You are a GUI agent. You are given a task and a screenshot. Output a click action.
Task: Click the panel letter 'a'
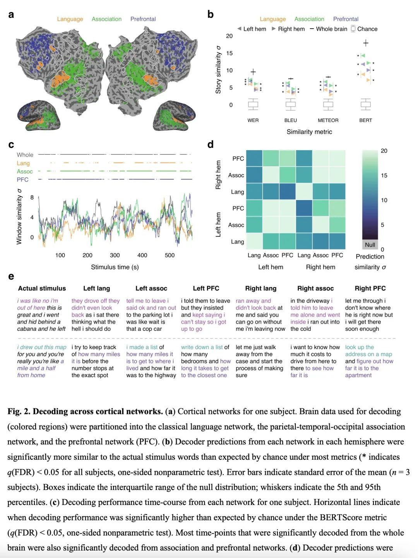11,15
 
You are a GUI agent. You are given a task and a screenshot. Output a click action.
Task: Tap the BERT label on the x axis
365,120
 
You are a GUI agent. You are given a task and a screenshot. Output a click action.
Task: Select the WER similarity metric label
253,120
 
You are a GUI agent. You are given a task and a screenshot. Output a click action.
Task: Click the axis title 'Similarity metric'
309,132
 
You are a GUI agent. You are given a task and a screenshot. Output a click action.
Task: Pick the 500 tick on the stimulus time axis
170,255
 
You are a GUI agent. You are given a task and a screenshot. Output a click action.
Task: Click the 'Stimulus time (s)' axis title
115,267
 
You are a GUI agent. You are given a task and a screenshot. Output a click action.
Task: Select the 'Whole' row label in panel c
25,155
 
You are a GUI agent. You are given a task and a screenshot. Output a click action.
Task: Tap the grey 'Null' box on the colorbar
370,245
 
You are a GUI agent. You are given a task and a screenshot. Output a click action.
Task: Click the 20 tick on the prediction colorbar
384,151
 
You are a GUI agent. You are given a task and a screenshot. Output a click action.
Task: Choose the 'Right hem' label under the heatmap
320,267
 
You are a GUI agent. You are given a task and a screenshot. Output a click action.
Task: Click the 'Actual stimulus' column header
42,288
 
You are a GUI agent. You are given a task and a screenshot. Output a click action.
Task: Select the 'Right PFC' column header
370,288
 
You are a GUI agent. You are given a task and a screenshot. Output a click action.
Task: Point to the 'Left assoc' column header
151,288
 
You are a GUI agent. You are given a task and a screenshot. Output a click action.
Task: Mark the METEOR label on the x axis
328,120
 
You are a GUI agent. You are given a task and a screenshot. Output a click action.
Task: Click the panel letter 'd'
211,145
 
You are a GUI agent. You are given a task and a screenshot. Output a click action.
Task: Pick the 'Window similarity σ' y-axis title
19,217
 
